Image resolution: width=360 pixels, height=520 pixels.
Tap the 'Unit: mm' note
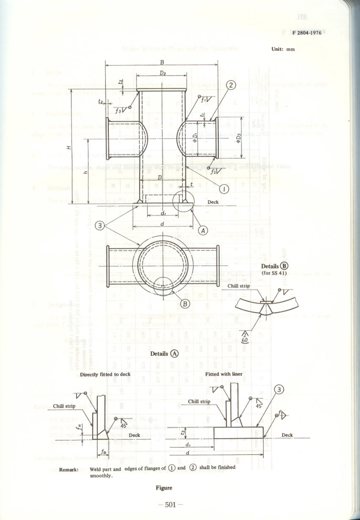(283, 49)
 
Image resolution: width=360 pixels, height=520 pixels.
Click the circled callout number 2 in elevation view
(230, 85)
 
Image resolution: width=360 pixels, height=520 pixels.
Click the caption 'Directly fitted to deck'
(105, 374)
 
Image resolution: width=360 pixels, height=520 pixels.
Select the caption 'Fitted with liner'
(224, 374)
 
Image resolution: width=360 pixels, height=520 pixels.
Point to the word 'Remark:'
(69, 469)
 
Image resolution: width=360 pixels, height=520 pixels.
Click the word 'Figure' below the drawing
(164, 488)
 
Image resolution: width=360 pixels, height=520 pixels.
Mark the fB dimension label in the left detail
(103, 451)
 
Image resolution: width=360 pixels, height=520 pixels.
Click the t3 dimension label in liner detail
(183, 431)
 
